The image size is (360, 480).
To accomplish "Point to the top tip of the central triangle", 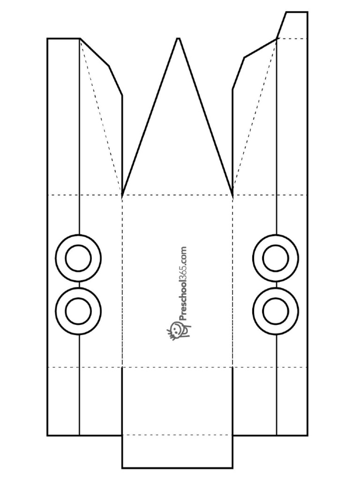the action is (x=178, y=38).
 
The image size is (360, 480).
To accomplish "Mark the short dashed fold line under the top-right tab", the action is (x=292, y=39).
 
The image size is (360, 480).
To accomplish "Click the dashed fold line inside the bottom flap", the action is (x=178, y=435).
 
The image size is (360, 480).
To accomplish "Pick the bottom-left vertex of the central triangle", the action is (x=122, y=195).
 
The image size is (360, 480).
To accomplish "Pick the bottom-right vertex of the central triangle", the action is (x=232, y=195).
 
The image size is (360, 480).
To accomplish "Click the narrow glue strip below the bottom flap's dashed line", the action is (x=178, y=455).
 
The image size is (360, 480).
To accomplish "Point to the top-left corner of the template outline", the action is (x=47, y=38).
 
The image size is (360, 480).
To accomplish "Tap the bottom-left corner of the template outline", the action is (x=47, y=435).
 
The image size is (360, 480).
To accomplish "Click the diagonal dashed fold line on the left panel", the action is (x=101, y=116).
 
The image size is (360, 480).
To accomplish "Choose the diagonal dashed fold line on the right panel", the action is (x=255, y=116).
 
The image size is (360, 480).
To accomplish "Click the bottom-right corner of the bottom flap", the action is (x=232, y=476).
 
